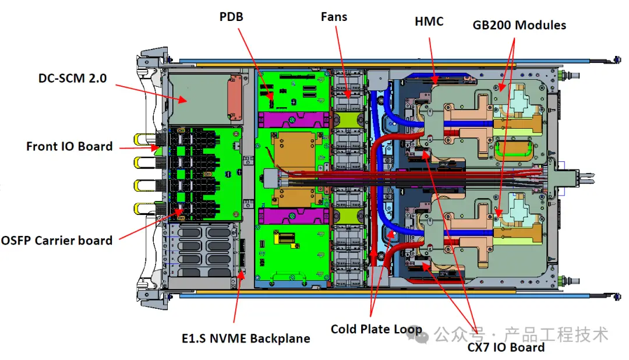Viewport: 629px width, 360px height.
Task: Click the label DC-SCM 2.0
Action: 73,77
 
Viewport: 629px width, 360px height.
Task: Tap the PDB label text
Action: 231,17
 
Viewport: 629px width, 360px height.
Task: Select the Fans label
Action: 334,16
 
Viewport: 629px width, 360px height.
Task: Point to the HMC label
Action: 429,22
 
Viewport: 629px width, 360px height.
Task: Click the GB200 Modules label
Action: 519,25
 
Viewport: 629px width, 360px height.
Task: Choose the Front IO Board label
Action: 69,146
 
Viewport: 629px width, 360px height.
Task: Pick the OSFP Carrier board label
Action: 57,239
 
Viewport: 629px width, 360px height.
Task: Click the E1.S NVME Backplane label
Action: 245,338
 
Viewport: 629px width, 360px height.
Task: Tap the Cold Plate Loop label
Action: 376,329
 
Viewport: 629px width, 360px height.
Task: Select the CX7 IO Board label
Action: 506,347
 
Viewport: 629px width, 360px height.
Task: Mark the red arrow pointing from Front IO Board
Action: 139,148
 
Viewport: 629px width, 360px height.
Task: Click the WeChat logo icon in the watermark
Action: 425,334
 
